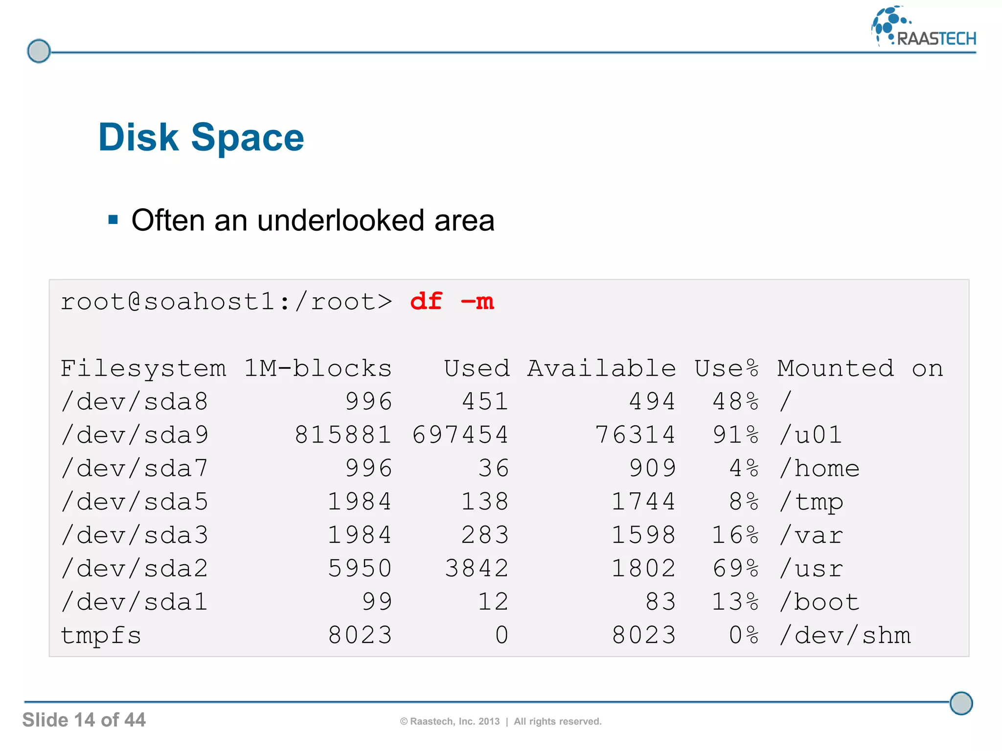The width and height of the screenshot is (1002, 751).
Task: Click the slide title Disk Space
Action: click(x=201, y=137)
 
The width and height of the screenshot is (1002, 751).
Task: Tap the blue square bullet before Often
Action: click(x=114, y=220)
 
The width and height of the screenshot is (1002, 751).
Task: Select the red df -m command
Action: click(x=452, y=301)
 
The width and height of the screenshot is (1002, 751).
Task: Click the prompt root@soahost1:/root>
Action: click(x=226, y=301)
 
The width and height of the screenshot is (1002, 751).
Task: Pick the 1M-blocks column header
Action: click(x=318, y=368)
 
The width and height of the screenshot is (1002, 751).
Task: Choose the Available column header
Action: click(x=601, y=368)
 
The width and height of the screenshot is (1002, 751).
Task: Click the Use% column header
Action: click(x=727, y=368)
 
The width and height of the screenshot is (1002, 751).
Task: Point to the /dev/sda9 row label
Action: click(x=135, y=435)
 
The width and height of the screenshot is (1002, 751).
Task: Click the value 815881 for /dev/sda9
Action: click(x=343, y=435)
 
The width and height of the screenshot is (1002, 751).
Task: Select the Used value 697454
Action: click(x=460, y=435)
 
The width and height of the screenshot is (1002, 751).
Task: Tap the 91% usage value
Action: click(x=735, y=435)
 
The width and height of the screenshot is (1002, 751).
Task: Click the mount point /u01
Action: click(x=810, y=435)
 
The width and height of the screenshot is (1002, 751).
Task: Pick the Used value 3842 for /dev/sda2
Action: click(x=477, y=569)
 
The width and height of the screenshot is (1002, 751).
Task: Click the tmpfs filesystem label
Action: click(x=101, y=636)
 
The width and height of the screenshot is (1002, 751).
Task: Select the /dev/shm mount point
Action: click(x=845, y=636)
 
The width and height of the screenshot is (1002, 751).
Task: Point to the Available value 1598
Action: click(x=643, y=535)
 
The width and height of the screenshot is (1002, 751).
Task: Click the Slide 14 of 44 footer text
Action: click(x=84, y=720)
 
